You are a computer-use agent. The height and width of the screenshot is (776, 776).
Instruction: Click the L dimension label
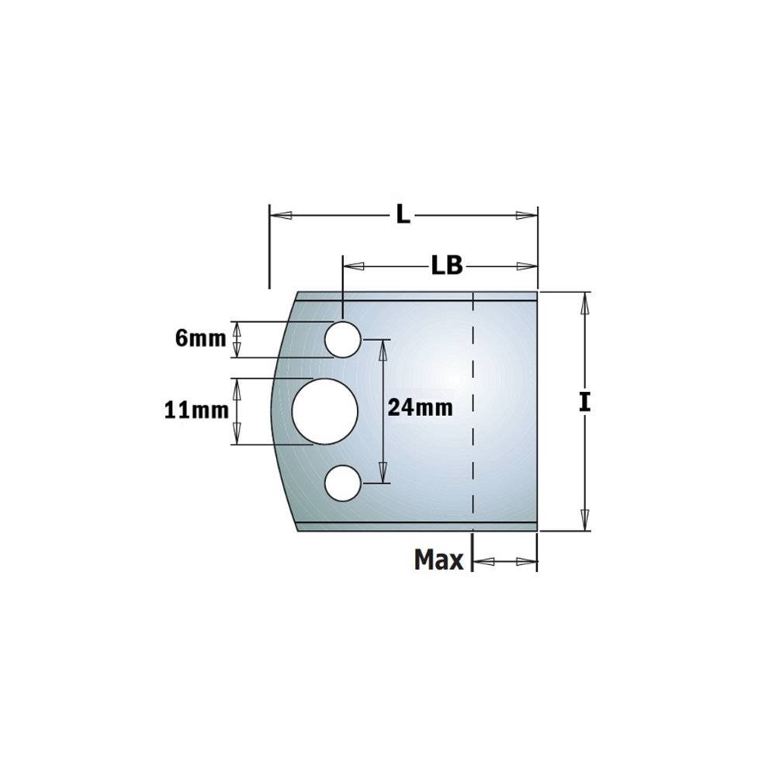[x=404, y=215]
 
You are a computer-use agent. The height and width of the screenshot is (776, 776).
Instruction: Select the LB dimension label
[x=447, y=265]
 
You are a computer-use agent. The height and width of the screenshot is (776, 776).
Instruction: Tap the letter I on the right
[x=585, y=402]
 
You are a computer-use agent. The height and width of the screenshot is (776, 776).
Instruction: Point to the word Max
[x=439, y=559]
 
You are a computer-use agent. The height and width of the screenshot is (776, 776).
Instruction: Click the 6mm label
[x=200, y=338]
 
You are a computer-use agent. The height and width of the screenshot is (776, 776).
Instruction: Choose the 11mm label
[x=196, y=411]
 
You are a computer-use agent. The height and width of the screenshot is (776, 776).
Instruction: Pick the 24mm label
[x=420, y=408]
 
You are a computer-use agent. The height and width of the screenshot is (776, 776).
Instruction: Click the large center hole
[x=324, y=411]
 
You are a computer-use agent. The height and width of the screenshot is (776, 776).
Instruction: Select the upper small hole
[x=342, y=339]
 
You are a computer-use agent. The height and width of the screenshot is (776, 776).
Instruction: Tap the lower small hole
[x=342, y=483]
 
